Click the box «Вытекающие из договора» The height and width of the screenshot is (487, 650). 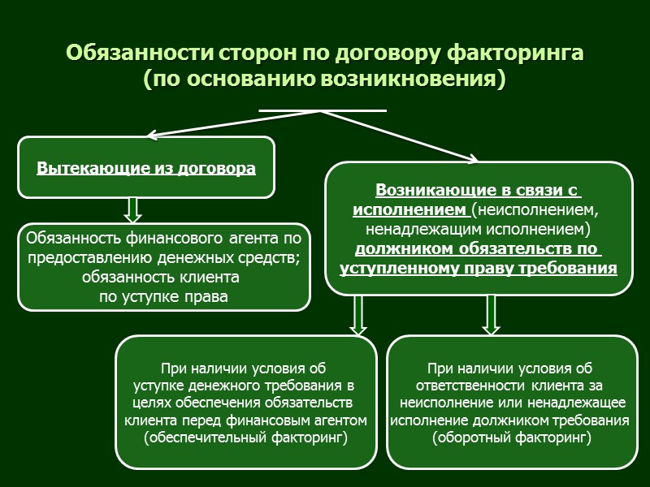pyautogui.click(x=146, y=167)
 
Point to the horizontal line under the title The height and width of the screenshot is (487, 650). pyautogui.click(x=322, y=110)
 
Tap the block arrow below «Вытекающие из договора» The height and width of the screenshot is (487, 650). pyautogui.click(x=133, y=209)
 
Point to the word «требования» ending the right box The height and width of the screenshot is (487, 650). pyautogui.click(x=572, y=267)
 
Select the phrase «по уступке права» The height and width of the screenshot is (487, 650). pyautogui.click(x=163, y=296)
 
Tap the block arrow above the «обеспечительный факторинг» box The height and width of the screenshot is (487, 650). pyautogui.click(x=358, y=314)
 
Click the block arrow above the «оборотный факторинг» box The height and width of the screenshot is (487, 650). pyautogui.click(x=491, y=314)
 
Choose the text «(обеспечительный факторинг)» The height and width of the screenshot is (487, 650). pyautogui.click(x=245, y=437)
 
